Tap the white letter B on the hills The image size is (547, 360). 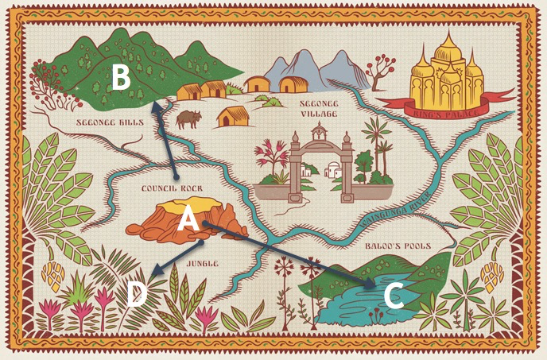pyautogui.click(x=121, y=78)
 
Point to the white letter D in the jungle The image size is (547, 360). pyautogui.click(x=136, y=295)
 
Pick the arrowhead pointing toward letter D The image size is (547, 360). pyautogui.click(x=153, y=271)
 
